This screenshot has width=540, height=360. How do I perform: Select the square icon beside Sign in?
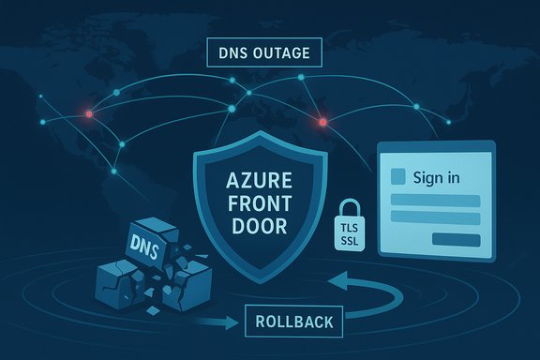(x=397, y=175)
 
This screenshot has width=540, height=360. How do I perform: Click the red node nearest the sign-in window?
(x=322, y=121)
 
